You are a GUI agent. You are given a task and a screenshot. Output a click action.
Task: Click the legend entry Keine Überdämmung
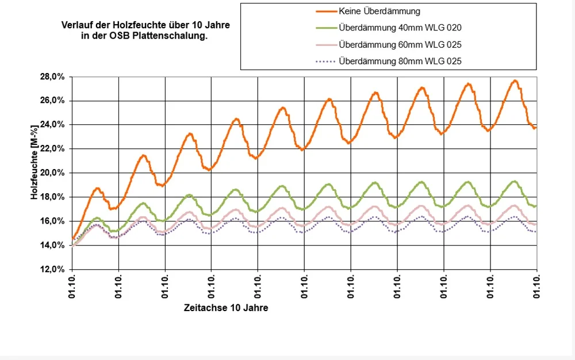tap(379, 10)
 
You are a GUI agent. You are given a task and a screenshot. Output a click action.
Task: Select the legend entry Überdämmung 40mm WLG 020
tap(400, 27)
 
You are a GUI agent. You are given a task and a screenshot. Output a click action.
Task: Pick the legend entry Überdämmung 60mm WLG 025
tap(400, 44)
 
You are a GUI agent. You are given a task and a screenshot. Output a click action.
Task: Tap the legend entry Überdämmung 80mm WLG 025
tap(400, 61)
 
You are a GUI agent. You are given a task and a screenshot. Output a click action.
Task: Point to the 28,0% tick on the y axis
tap(55, 76)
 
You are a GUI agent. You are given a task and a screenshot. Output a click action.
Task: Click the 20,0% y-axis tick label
tap(55, 173)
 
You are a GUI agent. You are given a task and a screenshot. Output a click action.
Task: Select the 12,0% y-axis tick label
tap(55, 270)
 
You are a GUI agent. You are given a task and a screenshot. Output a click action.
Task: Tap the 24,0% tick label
tap(55, 125)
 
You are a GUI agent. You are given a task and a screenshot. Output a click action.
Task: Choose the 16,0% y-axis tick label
tap(55, 221)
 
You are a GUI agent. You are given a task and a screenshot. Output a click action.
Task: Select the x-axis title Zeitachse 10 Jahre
tap(226, 308)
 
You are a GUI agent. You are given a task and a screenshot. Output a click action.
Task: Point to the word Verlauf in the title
tap(76, 26)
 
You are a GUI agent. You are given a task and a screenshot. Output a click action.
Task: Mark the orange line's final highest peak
tap(515, 81)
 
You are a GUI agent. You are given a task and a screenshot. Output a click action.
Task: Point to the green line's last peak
tap(514, 182)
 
